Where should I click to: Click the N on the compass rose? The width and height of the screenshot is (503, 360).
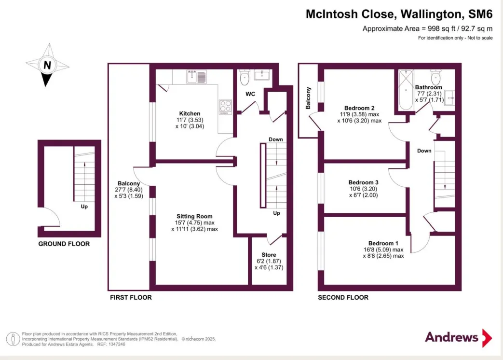pos(47,65)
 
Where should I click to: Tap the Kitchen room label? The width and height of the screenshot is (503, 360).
pos(190,113)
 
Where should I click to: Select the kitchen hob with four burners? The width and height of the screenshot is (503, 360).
pos(225,107)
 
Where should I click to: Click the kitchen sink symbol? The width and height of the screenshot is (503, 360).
pos(197,77)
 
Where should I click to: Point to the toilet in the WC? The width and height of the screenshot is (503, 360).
pos(245,77)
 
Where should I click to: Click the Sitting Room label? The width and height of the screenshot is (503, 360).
pos(194,217)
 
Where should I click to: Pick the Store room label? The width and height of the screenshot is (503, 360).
pos(269,255)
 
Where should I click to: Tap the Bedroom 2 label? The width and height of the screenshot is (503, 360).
pos(359,108)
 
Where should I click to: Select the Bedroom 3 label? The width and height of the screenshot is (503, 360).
pos(364,182)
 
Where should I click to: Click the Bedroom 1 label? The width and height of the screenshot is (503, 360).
pos(383,243)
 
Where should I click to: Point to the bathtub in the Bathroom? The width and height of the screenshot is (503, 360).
pos(406,90)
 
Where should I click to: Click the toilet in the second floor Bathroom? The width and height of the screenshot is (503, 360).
pos(435,77)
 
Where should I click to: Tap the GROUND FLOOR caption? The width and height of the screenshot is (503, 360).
pos(64,244)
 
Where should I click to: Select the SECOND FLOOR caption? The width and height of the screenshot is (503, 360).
pos(343,297)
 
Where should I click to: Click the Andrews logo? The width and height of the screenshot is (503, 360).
pos(459,337)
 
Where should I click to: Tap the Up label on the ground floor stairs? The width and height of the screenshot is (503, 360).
pos(84,207)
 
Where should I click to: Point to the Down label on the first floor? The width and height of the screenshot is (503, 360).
pos(276,139)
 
